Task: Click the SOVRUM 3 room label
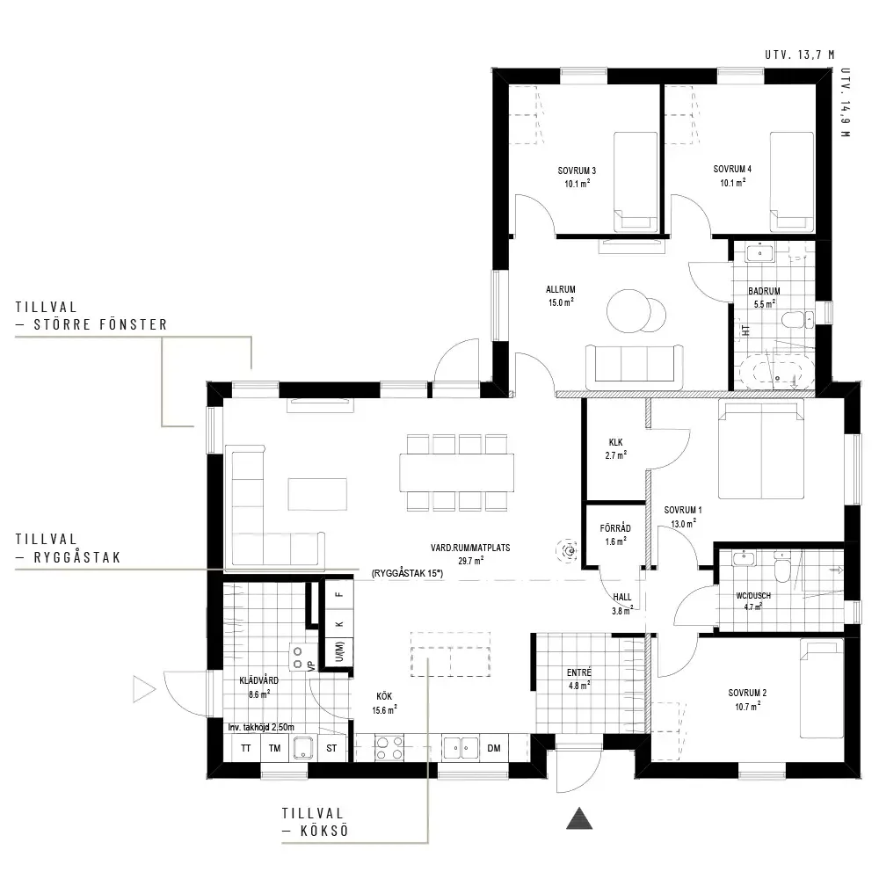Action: click(577, 171)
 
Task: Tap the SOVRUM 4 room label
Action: click(732, 169)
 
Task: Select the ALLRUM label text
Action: click(561, 289)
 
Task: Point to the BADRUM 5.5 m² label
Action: click(764, 297)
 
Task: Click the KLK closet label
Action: click(615, 442)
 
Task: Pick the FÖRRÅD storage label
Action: click(615, 528)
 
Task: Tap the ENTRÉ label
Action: click(579, 672)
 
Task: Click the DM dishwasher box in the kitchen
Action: click(494, 748)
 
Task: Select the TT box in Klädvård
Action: click(245, 748)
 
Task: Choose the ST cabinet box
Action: click(331, 748)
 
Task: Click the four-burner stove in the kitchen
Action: click(389, 748)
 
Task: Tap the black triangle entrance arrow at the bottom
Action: click(579, 818)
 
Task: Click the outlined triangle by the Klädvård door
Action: click(143, 689)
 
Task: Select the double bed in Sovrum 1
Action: click(761, 449)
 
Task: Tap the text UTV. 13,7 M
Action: click(799, 54)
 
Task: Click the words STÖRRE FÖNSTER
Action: click(100, 324)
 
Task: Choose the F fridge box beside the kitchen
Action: click(339, 594)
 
